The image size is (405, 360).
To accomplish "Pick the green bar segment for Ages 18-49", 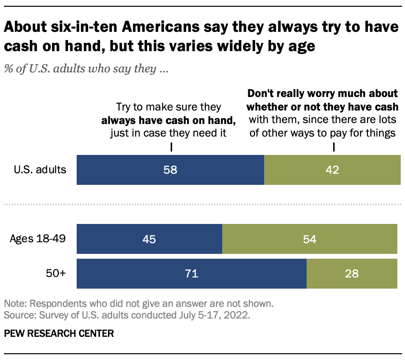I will tap(311, 239).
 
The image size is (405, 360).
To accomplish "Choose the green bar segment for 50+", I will tap(353, 274).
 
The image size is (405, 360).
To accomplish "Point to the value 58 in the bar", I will tap(170, 170).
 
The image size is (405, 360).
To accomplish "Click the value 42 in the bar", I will tap(332, 170).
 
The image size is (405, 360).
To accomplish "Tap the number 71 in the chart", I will tap(191, 274).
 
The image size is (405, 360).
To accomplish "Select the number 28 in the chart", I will tap(351, 274).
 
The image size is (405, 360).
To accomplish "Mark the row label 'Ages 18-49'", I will tap(37, 239).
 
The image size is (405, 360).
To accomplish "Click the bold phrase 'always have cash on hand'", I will tap(167, 120).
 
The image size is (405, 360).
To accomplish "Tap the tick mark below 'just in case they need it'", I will tap(172, 146).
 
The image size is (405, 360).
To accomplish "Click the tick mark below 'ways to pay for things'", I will tap(333, 146).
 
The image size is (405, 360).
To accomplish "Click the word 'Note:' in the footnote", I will tap(15, 305).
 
